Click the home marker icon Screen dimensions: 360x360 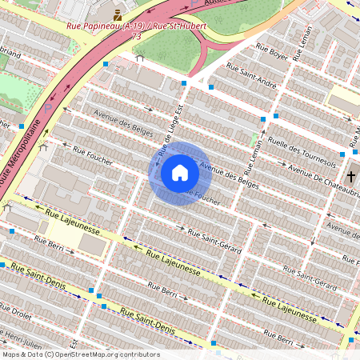tap(180, 173)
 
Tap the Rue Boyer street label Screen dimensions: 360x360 tap(272, 55)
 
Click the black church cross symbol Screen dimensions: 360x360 tap(351, 177)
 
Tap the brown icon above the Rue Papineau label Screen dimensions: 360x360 tap(118, 14)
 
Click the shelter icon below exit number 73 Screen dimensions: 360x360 tap(140, 58)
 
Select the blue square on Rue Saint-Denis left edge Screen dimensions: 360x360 tap(2, 264)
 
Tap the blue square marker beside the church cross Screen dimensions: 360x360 tap(343, 154)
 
